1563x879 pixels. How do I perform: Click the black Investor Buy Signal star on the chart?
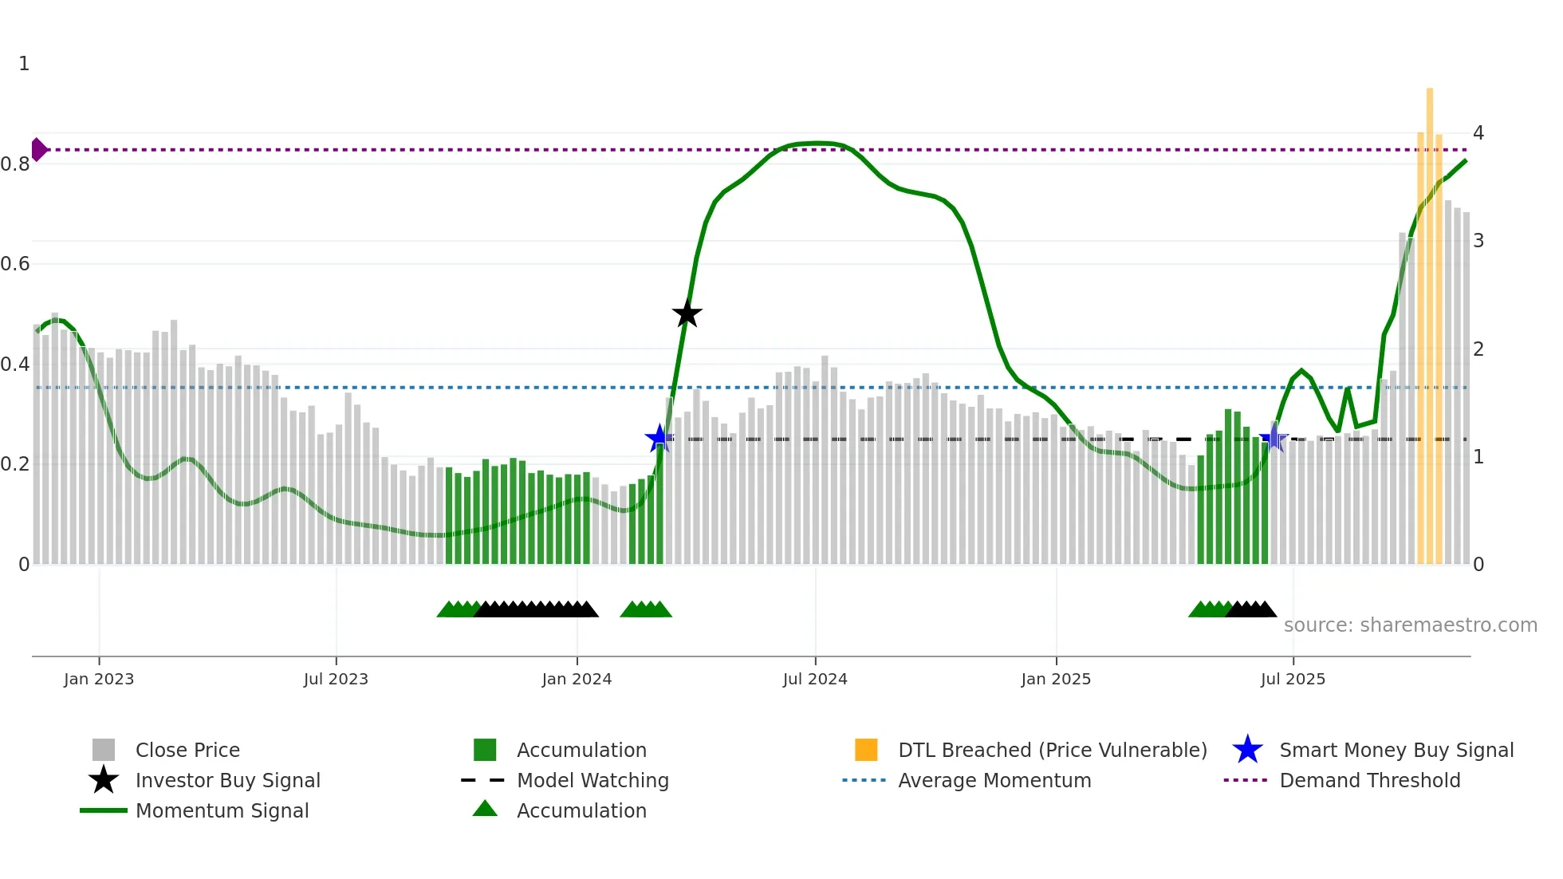(x=687, y=313)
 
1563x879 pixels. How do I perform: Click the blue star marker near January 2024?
(x=659, y=438)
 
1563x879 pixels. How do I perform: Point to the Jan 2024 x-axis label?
(x=577, y=679)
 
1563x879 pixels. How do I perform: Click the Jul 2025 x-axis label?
(x=1293, y=679)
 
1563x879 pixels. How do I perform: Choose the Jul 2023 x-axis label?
(x=336, y=679)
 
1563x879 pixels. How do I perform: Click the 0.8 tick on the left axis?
(x=15, y=164)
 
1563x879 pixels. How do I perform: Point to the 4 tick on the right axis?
(x=1478, y=132)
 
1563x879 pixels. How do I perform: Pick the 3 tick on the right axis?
(x=1478, y=240)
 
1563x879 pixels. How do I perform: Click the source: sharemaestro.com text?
(x=1410, y=625)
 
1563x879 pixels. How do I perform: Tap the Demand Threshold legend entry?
(x=1369, y=780)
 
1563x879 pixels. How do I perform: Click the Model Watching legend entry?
(x=592, y=780)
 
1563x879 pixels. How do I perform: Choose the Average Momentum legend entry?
(x=994, y=780)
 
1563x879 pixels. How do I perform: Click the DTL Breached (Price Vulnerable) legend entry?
(x=1052, y=750)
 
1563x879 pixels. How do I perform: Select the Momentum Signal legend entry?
(x=222, y=810)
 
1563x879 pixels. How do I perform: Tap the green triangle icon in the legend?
(x=485, y=809)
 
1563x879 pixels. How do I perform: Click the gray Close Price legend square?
(x=104, y=750)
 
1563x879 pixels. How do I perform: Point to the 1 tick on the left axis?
(x=24, y=64)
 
